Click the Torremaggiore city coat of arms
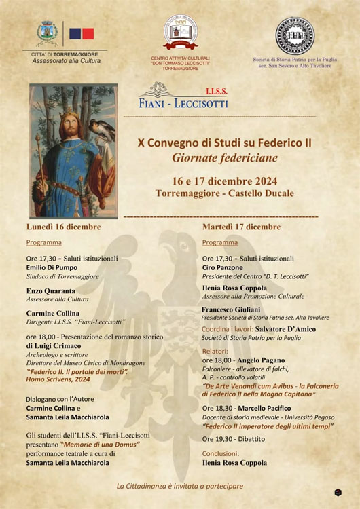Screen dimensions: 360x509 (48, 32)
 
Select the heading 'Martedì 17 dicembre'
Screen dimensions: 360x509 (241, 227)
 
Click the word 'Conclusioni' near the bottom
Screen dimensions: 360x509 (220, 453)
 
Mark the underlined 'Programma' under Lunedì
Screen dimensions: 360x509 (43, 242)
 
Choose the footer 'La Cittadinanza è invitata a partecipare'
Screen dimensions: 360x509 (179, 485)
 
